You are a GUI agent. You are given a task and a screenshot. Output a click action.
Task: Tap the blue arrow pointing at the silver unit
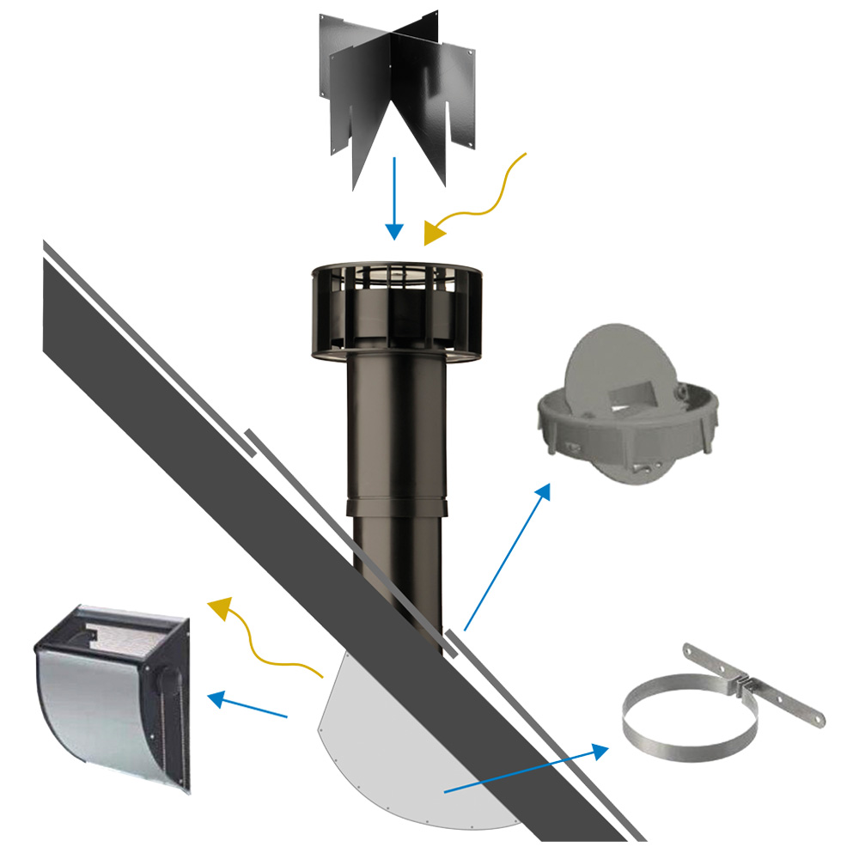tap(249, 705)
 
